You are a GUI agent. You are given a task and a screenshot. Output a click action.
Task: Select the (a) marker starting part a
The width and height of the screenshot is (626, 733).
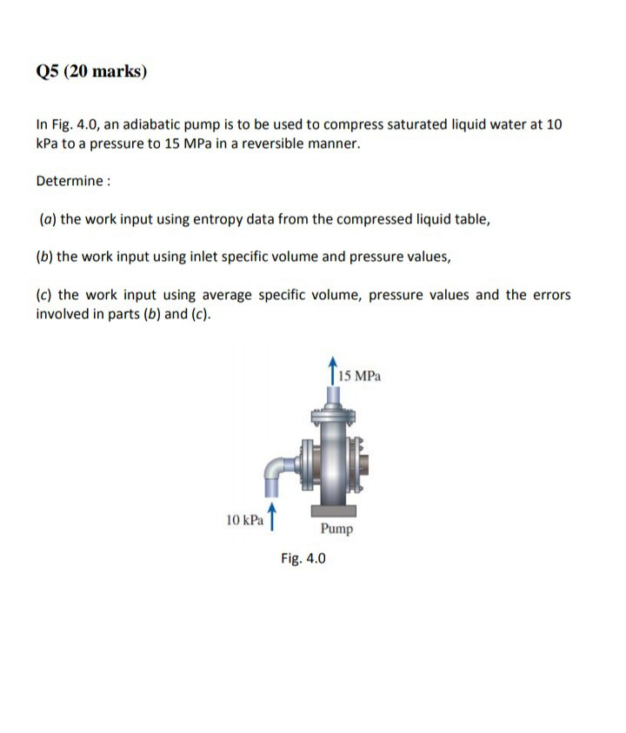pyautogui.click(x=47, y=219)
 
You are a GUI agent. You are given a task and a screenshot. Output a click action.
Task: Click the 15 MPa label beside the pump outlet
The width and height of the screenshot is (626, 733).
pyautogui.click(x=359, y=377)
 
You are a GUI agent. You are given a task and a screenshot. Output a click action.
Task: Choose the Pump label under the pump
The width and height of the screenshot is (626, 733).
pyautogui.click(x=336, y=529)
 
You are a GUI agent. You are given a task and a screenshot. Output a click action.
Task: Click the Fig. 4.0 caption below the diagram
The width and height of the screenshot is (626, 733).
pyautogui.click(x=303, y=558)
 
